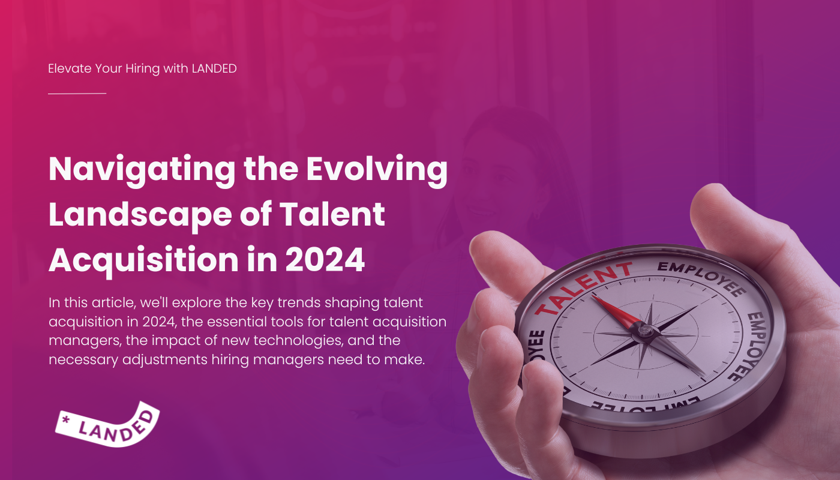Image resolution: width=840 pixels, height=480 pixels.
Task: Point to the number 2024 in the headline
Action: point(325,259)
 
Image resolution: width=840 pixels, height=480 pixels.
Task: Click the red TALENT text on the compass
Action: point(583,288)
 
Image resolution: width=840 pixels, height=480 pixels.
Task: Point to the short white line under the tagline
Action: point(77,93)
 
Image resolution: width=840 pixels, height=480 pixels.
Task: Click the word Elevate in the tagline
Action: point(70,68)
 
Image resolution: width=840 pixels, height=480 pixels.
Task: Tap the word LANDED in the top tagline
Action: point(214,68)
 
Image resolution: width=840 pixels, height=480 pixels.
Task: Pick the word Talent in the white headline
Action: point(332,214)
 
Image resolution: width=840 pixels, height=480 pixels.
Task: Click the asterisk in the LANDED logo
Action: point(66,420)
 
